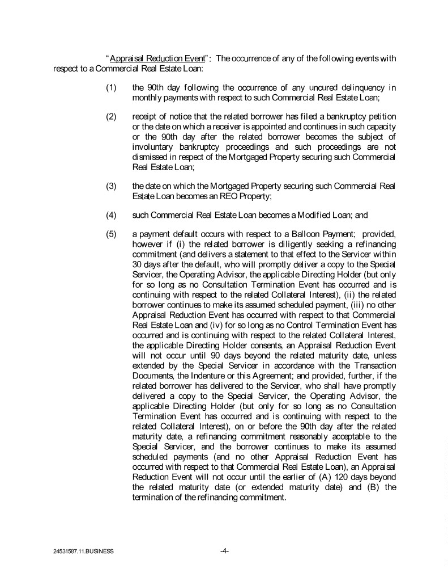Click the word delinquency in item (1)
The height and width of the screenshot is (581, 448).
coord(360,88)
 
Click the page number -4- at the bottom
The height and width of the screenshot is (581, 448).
coord(224,550)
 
